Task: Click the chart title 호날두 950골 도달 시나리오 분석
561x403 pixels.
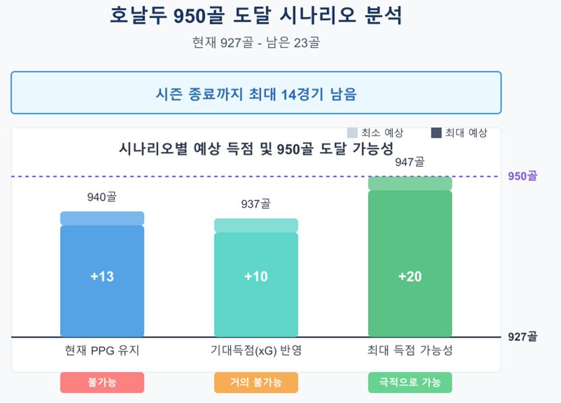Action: (x=256, y=16)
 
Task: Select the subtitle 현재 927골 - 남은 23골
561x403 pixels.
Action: (x=256, y=43)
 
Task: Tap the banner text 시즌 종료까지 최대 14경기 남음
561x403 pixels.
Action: (x=256, y=94)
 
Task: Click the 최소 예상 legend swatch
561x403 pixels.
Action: (x=352, y=133)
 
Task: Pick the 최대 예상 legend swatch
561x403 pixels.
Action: (x=436, y=133)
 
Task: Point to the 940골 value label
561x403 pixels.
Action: (x=102, y=198)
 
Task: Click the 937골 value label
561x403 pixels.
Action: (x=256, y=205)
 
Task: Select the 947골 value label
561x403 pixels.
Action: (x=410, y=162)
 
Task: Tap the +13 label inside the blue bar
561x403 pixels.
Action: (x=102, y=277)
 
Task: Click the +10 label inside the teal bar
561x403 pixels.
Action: (x=256, y=277)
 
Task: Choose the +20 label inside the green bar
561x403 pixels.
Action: (x=410, y=277)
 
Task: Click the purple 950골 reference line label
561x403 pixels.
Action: (x=523, y=176)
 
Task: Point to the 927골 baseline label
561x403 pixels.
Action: (x=523, y=337)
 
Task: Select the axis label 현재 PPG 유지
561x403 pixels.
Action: (x=102, y=350)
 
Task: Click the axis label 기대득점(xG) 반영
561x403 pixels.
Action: (x=256, y=350)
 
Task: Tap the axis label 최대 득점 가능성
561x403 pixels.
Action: (x=410, y=350)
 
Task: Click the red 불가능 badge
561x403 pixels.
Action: (x=102, y=382)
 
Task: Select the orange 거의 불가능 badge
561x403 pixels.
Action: (x=256, y=382)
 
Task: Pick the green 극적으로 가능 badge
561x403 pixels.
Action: (x=410, y=382)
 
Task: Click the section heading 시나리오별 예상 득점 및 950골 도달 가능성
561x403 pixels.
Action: (x=256, y=149)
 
